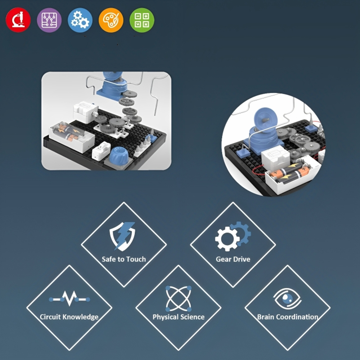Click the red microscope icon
pyautogui.click(x=18, y=20)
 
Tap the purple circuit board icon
pyautogui.click(x=49, y=20)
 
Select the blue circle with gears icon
pyautogui.click(x=80, y=20)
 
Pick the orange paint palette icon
pyautogui.click(x=111, y=20)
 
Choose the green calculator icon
pyautogui.click(x=142, y=20)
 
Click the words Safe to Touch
pyautogui.click(x=124, y=259)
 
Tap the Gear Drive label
pyautogui.click(x=233, y=259)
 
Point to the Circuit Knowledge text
pyautogui.click(x=69, y=317)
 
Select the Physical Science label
pyautogui.click(x=179, y=317)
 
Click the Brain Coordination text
pyautogui.click(x=288, y=317)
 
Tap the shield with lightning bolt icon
pyautogui.click(x=122, y=236)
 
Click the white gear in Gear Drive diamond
pyautogui.click(x=227, y=239)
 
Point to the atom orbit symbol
pyautogui.click(x=179, y=298)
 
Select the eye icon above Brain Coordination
pyautogui.click(x=287, y=298)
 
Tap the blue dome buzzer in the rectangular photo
pyautogui.click(x=118, y=155)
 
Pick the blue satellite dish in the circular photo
pyautogui.click(x=265, y=121)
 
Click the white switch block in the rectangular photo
pyautogui.click(x=101, y=151)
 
